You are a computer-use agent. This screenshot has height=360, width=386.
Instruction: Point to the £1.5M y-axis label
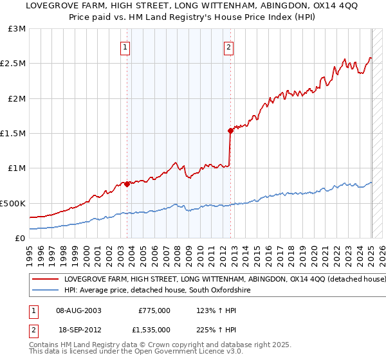pos(15,133)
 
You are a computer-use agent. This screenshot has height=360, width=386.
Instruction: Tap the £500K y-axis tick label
pos(14,203)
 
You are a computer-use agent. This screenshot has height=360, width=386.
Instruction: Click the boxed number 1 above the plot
pos(125,46)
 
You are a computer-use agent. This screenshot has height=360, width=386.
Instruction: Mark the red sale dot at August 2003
pos(127,184)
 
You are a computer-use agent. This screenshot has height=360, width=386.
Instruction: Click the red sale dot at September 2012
pos(231,130)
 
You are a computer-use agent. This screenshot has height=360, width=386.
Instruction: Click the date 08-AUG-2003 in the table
pos(79,310)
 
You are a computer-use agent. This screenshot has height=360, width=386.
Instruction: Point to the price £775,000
pos(154,310)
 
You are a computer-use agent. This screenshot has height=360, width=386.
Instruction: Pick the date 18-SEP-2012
pos(78,329)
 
